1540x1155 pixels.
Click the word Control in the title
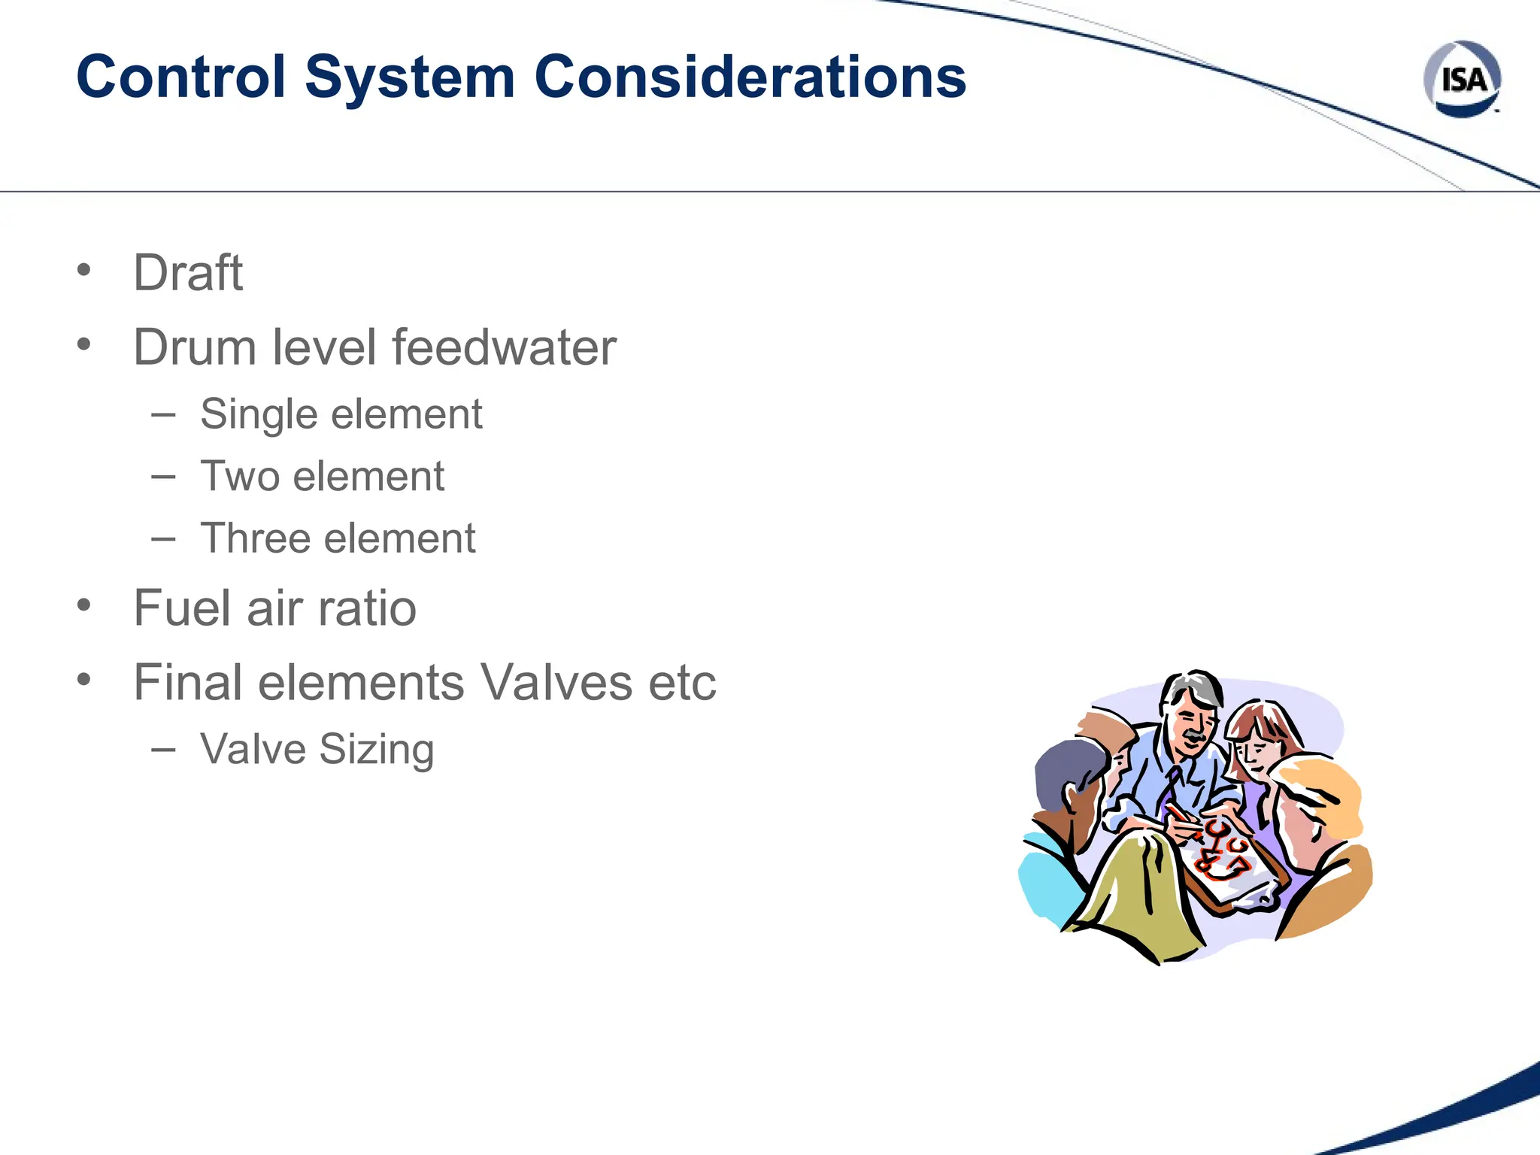(181, 77)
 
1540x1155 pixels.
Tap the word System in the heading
(410, 77)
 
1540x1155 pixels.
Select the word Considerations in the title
(750, 77)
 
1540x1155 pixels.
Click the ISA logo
(1462, 79)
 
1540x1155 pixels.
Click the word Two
(240, 477)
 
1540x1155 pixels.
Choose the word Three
(255, 538)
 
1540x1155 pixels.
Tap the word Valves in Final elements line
(556, 683)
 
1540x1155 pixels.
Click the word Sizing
(377, 750)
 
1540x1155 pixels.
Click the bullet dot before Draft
(83, 269)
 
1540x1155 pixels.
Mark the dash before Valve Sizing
(163, 749)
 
